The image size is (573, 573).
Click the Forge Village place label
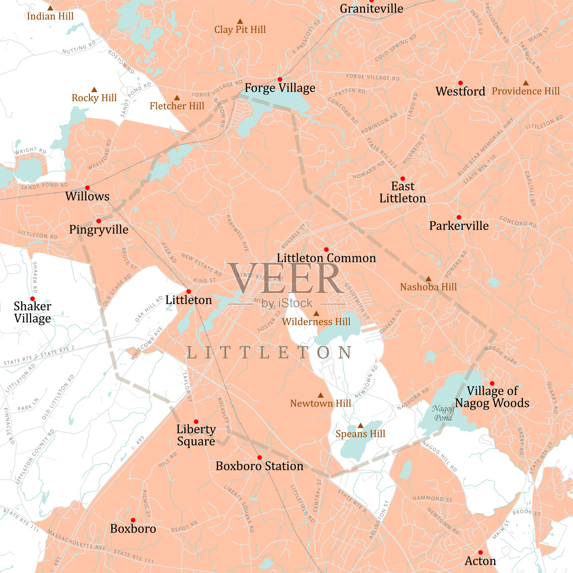(280, 88)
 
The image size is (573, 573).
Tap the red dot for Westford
(461, 83)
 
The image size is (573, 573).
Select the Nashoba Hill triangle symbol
(428, 279)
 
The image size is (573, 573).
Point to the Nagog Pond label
(443, 413)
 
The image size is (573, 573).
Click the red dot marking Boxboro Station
(260, 458)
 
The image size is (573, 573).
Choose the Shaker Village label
(33, 312)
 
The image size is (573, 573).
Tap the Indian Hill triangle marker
(50, 8)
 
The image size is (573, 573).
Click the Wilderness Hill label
(316, 322)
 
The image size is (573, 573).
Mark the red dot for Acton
(481, 553)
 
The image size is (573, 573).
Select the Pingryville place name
(99, 229)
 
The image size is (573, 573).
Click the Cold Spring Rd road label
(396, 48)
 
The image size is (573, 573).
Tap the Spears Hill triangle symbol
(361, 426)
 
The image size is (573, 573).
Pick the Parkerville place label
(459, 226)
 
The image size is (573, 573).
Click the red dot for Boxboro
(133, 520)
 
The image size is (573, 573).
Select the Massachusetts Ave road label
(76, 540)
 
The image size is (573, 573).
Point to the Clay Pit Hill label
(240, 29)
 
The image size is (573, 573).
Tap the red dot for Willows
(87, 188)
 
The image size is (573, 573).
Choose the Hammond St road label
(432, 499)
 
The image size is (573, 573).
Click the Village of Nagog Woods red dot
(492, 383)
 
